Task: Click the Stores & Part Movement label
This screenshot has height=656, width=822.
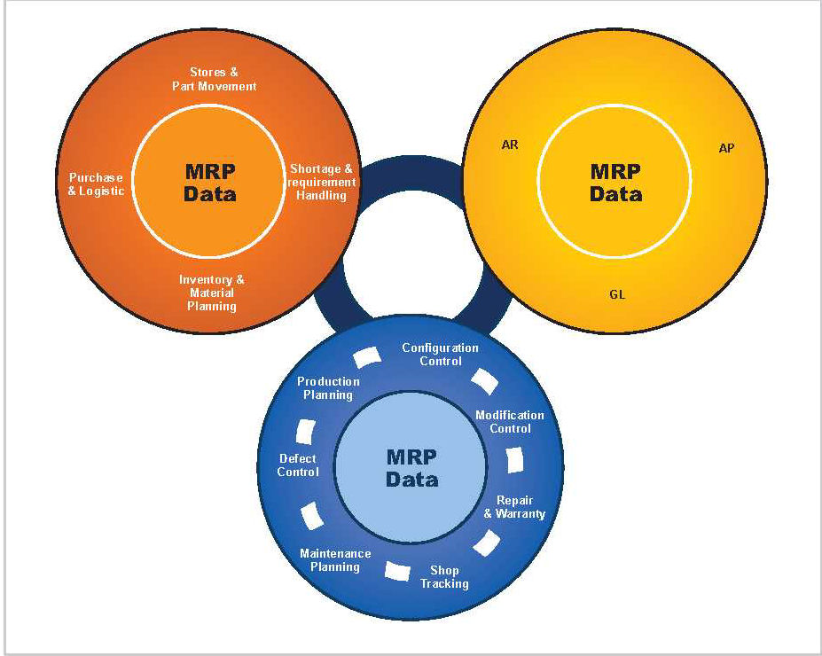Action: click(x=214, y=79)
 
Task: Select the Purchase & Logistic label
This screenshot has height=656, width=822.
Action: click(x=97, y=184)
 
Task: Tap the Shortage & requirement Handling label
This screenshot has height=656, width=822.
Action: click(x=322, y=182)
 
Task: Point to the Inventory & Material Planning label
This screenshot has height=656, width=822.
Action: click(x=212, y=293)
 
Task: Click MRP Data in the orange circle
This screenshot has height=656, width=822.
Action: click(x=210, y=182)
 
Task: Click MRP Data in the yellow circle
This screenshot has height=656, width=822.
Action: click(x=615, y=182)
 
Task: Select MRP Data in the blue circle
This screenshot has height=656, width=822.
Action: click(x=411, y=467)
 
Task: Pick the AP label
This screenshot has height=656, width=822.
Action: click(x=726, y=148)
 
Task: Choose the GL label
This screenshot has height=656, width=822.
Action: click(x=617, y=294)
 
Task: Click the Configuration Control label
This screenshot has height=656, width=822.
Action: click(x=440, y=354)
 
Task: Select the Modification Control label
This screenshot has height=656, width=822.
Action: click(x=510, y=421)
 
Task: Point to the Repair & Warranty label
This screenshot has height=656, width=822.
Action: click(x=514, y=507)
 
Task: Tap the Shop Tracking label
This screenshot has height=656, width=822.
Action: click(x=444, y=576)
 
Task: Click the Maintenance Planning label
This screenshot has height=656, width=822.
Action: click(x=335, y=559)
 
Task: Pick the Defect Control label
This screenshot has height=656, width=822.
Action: click(x=298, y=465)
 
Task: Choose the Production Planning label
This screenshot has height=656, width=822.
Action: click(x=328, y=387)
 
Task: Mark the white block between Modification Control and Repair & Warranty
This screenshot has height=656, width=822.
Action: click(x=515, y=463)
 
